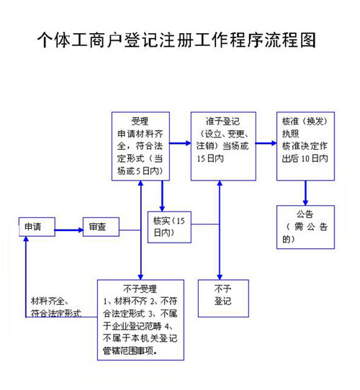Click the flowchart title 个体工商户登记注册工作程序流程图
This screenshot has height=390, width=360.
176,39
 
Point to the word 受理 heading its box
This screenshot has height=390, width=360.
140,121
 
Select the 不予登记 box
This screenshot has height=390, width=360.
222,296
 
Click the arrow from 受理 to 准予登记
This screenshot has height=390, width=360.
180,143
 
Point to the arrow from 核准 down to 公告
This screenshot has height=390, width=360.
305,192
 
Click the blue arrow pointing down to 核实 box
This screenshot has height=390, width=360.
162,194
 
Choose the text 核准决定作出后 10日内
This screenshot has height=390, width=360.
305,152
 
